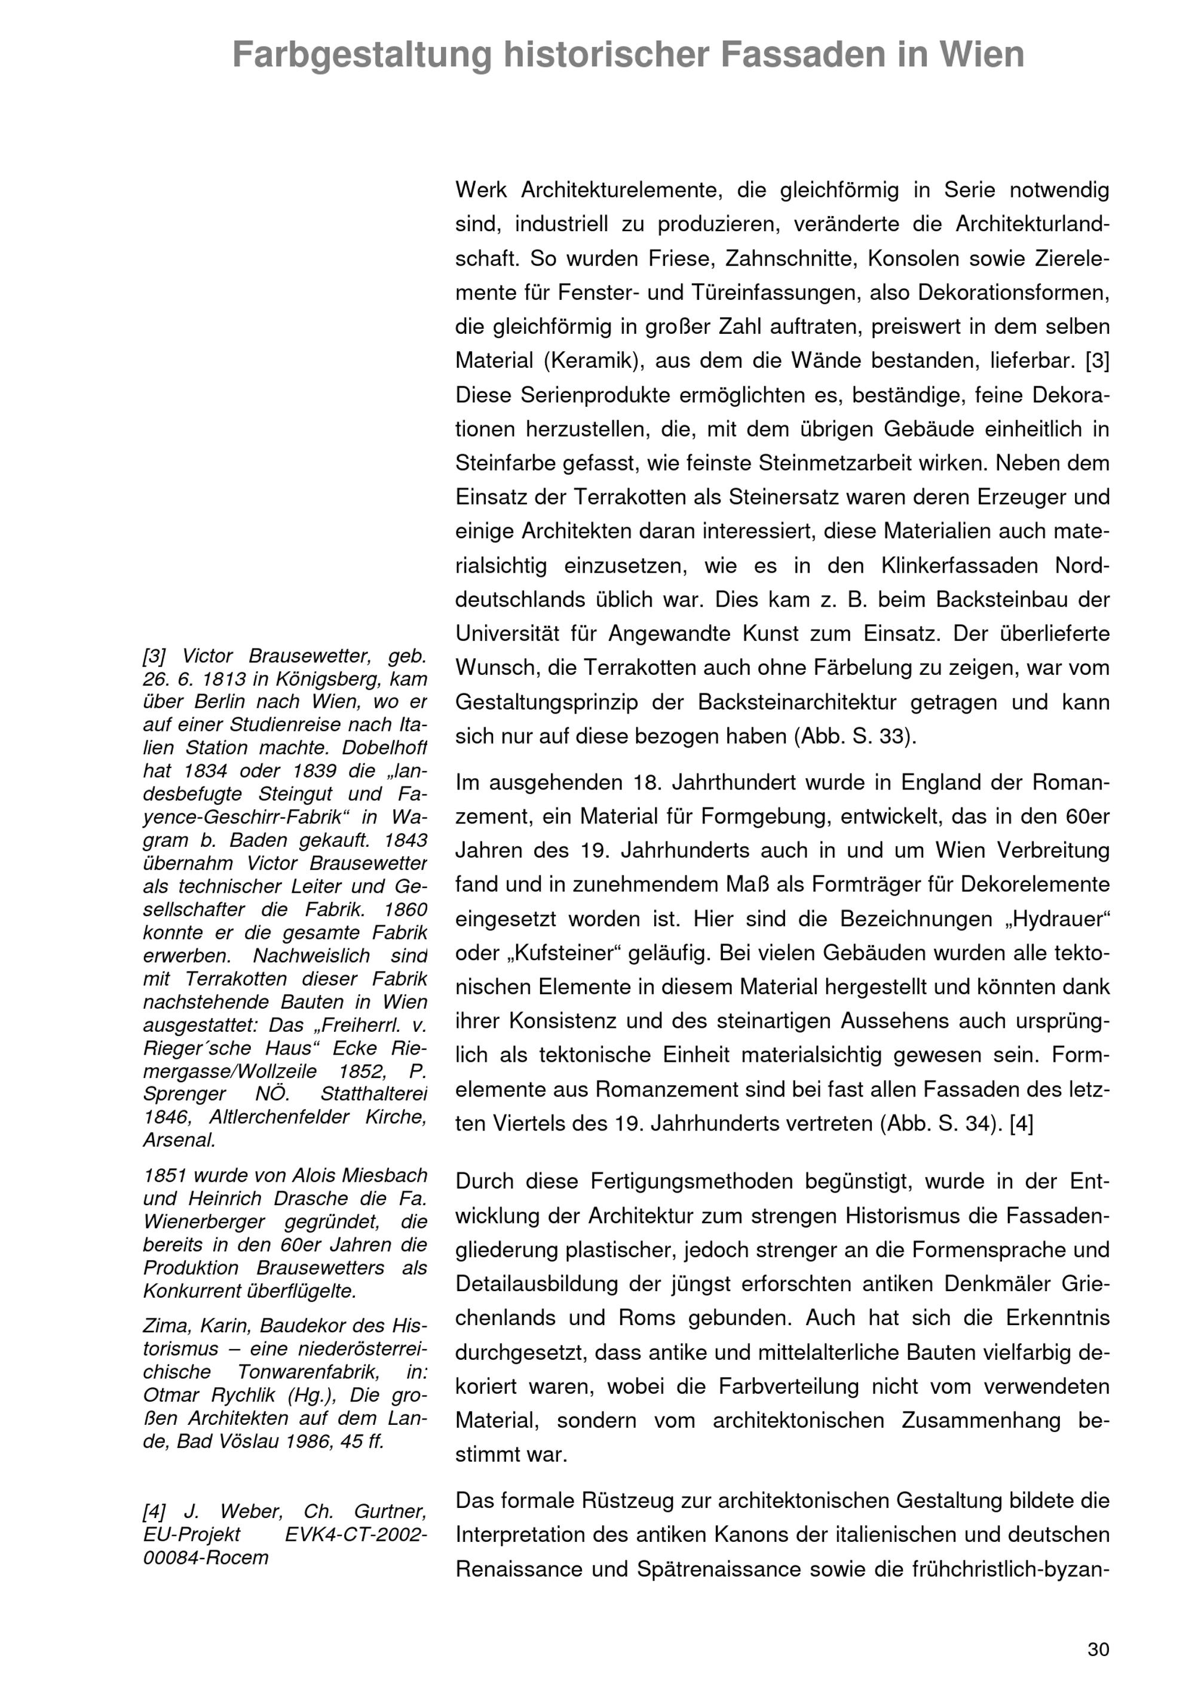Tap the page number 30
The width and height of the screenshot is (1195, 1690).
(x=1098, y=1649)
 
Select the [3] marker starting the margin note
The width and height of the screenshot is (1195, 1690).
(x=154, y=656)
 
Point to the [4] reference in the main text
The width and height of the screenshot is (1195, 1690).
(x=1022, y=1124)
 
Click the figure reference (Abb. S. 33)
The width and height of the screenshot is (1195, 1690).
(x=855, y=736)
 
